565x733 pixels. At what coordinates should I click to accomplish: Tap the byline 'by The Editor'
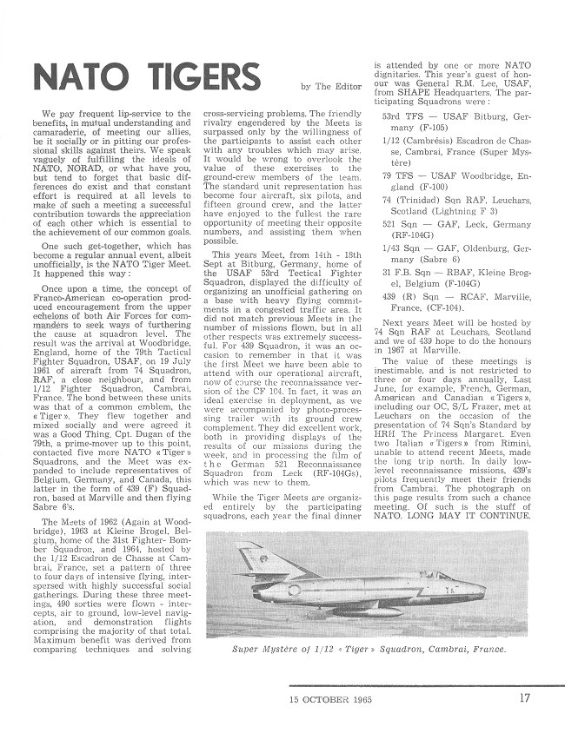331,86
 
